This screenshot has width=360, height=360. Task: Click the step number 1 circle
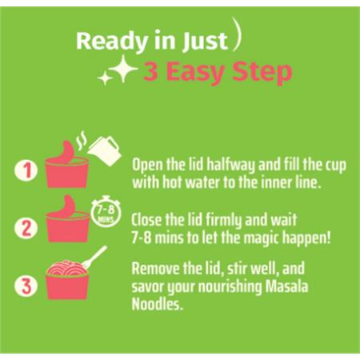point(26,170)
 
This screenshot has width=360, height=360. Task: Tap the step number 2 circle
point(26,228)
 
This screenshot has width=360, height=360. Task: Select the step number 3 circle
point(26,286)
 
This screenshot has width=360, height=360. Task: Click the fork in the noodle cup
point(94,257)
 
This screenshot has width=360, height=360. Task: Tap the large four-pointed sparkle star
point(123,69)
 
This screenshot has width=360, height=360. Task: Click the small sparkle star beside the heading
point(105,78)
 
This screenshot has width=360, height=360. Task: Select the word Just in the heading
point(205,42)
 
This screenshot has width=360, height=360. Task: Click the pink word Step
point(262,73)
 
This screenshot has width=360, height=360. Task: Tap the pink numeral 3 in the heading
point(151,71)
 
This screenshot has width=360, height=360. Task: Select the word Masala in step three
point(287,286)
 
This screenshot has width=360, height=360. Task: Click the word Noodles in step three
point(158,304)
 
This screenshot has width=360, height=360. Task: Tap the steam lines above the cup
point(82,138)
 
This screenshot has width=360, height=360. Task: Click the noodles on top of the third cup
point(67,268)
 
